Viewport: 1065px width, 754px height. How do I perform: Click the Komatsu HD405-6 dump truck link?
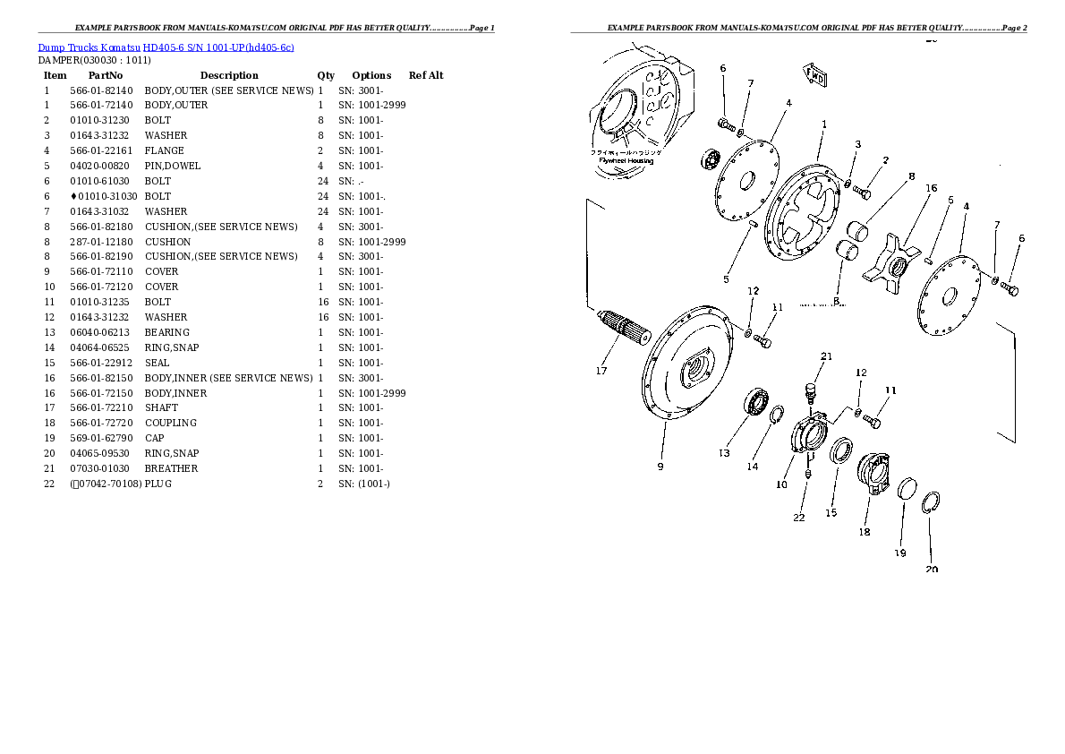pyautogui.click(x=166, y=47)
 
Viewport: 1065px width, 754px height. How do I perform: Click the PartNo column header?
pyautogui.click(x=106, y=75)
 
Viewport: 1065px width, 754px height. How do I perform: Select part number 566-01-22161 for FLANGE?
pyautogui.click(x=101, y=150)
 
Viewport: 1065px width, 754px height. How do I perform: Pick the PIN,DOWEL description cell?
pyautogui.click(x=173, y=166)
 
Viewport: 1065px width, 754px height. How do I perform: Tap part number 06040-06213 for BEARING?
pyautogui.click(x=101, y=332)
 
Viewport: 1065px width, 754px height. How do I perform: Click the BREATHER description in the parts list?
pyautogui.click(x=172, y=468)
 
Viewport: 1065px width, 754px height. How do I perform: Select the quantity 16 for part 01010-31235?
pyautogui.click(x=323, y=302)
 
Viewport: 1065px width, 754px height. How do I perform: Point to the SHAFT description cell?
pyautogui.click(x=162, y=407)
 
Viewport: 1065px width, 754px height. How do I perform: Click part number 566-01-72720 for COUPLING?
pyautogui.click(x=101, y=423)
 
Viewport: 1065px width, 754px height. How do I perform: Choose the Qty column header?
pyautogui.click(x=326, y=75)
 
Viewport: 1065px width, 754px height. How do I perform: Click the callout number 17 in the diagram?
pyautogui.click(x=601, y=371)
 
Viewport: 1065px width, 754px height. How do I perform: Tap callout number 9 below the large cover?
pyautogui.click(x=660, y=466)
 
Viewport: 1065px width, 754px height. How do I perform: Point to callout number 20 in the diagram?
pyautogui.click(x=932, y=570)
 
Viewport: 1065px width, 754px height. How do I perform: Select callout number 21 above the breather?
pyautogui.click(x=826, y=356)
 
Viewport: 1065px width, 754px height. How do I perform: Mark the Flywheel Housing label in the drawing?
pyautogui.click(x=626, y=161)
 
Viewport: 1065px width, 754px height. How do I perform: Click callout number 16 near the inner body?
pyautogui.click(x=931, y=189)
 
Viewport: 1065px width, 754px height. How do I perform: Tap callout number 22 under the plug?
pyautogui.click(x=798, y=517)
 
